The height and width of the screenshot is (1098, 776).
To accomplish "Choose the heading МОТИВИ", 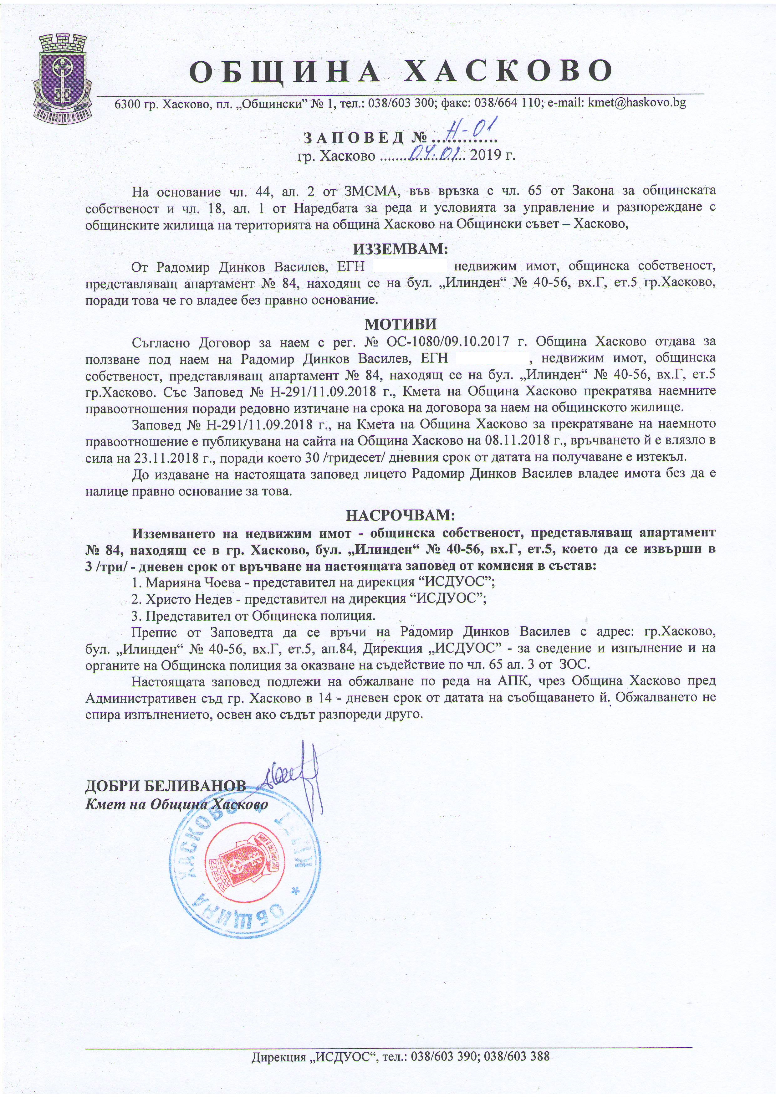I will point(401,324).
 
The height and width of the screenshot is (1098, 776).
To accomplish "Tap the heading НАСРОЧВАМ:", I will point(401,515).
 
